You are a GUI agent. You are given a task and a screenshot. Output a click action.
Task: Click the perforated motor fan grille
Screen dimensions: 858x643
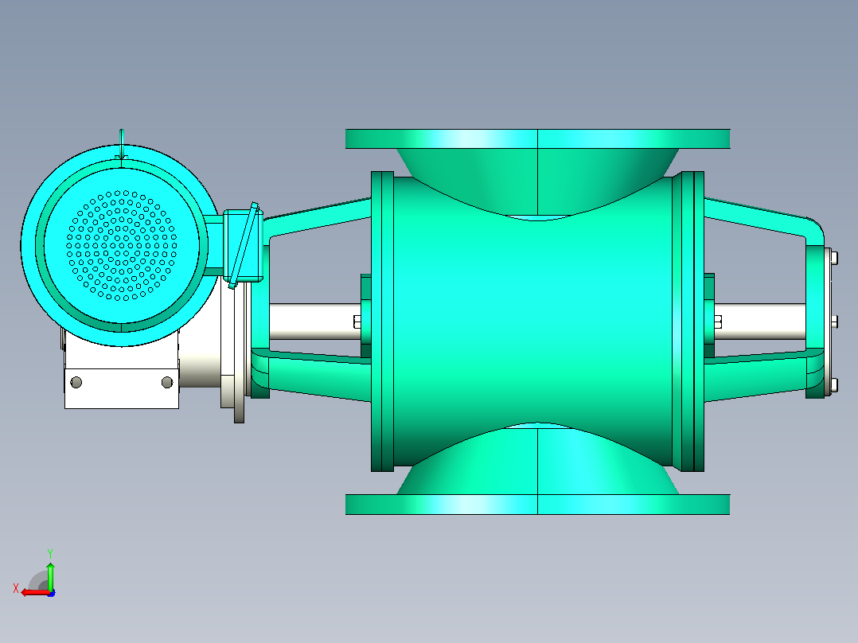pyautogui.click(x=122, y=246)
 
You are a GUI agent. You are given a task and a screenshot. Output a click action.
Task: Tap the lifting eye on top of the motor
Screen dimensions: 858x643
pyautogui.click(x=122, y=144)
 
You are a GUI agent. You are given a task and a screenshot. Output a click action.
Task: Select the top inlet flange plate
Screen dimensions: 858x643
pyautogui.click(x=537, y=139)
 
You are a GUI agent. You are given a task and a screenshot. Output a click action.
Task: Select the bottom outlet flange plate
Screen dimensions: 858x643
pyautogui.click(x=537, y=505)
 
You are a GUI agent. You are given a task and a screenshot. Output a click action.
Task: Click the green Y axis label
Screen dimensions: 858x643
pyautogui.click(x=50, y=553)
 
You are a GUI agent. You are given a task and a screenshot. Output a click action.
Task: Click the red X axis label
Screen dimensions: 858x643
pyautogui.click(x=16, y=589)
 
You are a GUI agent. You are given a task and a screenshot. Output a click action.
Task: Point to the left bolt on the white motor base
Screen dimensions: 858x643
pyautogui.click(x=76, y=382)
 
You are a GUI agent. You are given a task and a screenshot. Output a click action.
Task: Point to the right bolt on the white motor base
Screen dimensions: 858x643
pyautogui.click(x=167, y=382)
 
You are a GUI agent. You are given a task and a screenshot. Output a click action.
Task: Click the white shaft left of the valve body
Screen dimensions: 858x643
pyautogui.click(x=314, y=321)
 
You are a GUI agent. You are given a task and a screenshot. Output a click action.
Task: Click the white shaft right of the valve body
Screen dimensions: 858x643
pyautogui.click(x=760, y=321)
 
